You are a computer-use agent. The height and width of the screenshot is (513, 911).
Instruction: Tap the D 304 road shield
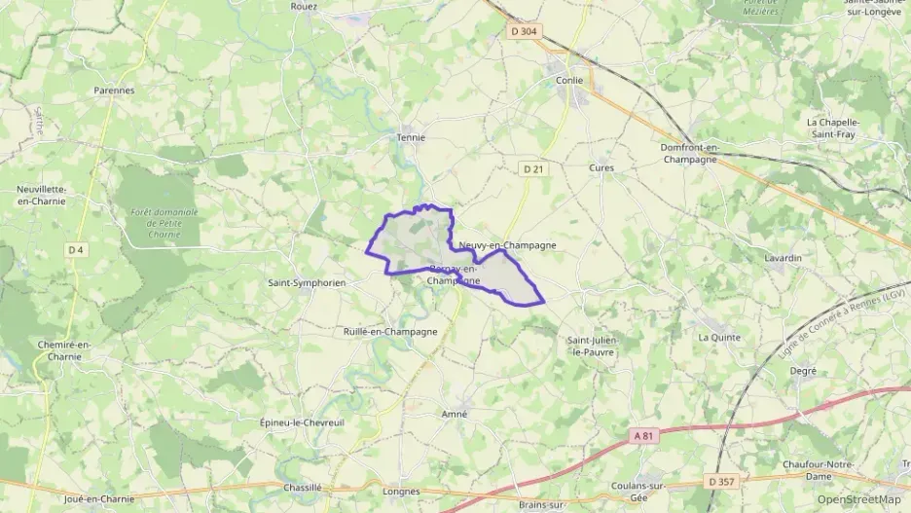[x=523, y=31]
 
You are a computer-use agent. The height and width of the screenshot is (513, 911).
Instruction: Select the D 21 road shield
[x=531, y=168]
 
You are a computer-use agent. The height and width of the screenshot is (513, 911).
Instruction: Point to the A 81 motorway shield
[x=638, y=434]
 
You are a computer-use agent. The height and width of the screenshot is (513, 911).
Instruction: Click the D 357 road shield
[x=721, y=481]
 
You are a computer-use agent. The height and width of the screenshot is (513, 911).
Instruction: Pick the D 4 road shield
[x=76, y=250]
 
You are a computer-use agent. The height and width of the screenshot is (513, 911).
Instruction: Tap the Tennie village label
[x=411, y=137]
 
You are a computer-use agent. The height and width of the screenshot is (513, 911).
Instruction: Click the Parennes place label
[x=114, y=90]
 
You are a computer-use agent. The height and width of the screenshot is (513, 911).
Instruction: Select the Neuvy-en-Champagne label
[x=508, y=245]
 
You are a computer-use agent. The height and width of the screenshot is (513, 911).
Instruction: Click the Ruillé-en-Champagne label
[x=390, y=331]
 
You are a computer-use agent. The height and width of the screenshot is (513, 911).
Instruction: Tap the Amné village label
[x=455, y=414]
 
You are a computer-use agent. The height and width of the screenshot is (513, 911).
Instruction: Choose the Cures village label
[x=601, y=167]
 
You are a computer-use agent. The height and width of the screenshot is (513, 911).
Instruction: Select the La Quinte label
[x=719, y=337]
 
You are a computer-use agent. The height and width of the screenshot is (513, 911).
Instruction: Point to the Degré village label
[x=803, y=370]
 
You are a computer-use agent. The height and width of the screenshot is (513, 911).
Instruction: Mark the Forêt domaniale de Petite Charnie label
[x=164, y=223]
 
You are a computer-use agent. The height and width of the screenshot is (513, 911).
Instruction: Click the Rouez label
[x=305, y=6]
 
